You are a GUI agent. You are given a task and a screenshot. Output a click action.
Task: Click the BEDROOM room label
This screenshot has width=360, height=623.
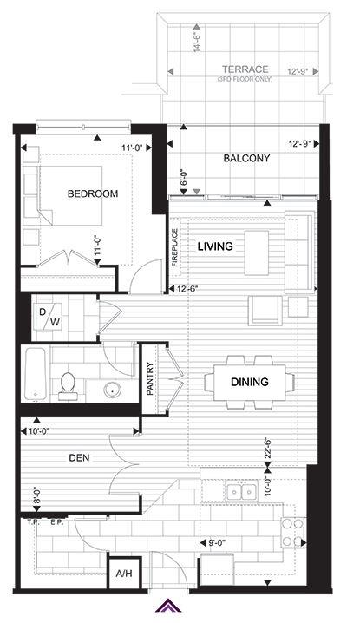93,193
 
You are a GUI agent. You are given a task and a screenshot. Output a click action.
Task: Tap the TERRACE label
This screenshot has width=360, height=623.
245,69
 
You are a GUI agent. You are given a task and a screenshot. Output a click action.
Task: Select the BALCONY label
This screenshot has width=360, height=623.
246,158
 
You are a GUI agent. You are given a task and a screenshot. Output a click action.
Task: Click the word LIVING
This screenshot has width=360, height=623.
215,246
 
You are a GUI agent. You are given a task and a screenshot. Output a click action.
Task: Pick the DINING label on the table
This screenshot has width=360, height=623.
250,382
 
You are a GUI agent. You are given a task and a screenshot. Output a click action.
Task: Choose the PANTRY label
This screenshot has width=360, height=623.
150,378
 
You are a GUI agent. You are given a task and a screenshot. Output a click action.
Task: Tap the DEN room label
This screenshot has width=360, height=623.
79,458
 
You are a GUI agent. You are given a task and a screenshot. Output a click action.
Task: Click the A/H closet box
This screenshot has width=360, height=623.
123,574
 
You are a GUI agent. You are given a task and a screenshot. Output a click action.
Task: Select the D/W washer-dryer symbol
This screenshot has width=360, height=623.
49,316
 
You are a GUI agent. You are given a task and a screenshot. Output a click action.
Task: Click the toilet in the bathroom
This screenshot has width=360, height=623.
68,386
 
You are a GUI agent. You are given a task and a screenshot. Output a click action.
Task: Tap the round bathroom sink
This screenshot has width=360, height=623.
113,390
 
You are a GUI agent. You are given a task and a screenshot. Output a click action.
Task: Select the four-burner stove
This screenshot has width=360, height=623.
293,533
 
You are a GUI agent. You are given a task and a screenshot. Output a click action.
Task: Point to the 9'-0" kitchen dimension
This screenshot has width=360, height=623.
219,541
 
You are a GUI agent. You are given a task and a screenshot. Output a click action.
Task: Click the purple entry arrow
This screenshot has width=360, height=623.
168,605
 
